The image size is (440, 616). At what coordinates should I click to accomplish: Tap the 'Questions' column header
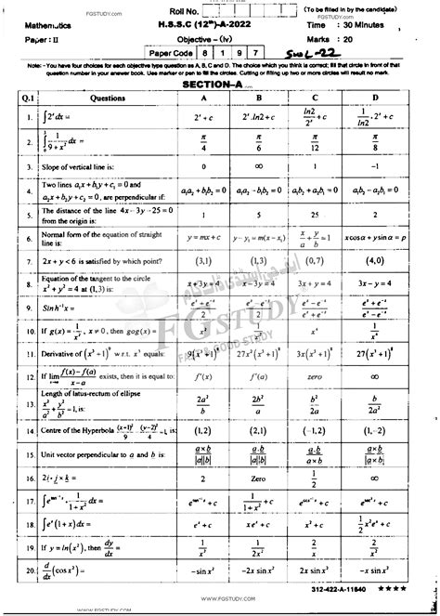tap(89, 96)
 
